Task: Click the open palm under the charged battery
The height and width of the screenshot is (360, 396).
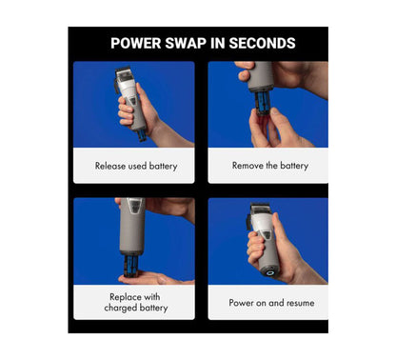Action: [152, 279]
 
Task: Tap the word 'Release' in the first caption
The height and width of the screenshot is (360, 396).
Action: [112, 166]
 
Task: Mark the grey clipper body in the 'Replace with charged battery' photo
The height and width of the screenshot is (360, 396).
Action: [133, 224]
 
